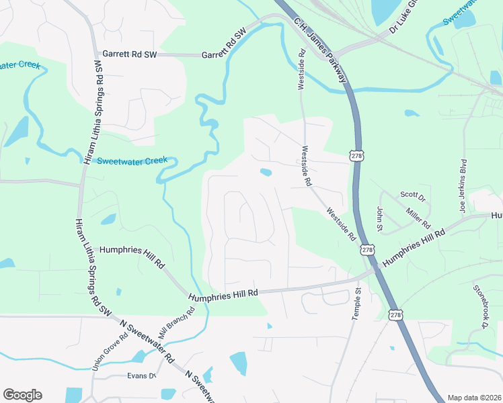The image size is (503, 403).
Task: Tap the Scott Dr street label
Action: pyautogui.click(x=413, y=197)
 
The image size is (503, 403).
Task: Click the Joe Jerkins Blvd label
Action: pyautogui.click(x=463, y=186)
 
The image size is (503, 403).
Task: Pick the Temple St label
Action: pyautogui.click(x=356, y=304)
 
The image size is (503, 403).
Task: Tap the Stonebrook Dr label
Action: pyautogui.click(x=479, y=307)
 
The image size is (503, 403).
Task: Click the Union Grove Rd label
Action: pyautogui.click(x=110, y=348)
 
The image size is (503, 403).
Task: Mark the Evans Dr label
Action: pyautogui.click(x=142, y=375)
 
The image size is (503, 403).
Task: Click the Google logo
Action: pyautogui.click(x=22, y=395)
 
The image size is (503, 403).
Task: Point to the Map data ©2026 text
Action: pyautogui.click(x=474, y=398)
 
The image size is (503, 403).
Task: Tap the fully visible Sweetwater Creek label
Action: pyautogui.click(x=132, y=161)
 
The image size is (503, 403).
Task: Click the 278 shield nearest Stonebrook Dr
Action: pyautogui.click(x=396, y=314)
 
